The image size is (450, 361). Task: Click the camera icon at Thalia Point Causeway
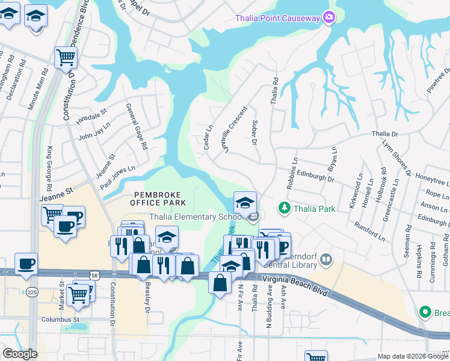[328, 18]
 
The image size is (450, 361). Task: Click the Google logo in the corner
[20, 354]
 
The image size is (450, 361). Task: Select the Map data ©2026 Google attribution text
[412, 356]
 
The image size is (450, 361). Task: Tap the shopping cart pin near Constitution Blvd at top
[66, 58]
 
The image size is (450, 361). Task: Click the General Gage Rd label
[136, 126]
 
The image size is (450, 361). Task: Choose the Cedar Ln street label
[208, 137]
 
